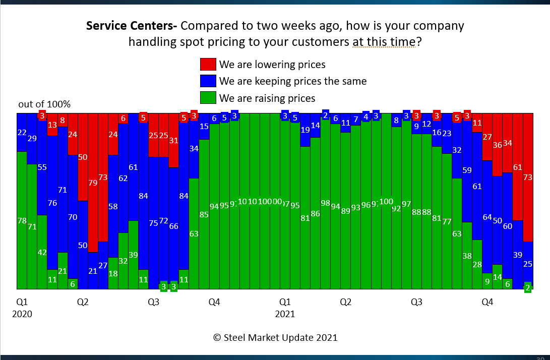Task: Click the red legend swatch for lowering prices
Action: click(x=208, y=65)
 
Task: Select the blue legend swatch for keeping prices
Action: click(x=208, y=81)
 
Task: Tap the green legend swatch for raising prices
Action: click(x=208, y=98)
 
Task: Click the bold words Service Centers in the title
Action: click(x=130, y=26)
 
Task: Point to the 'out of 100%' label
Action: click(x=44, y=104)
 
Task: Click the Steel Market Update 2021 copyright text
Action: click(x=275, y=337)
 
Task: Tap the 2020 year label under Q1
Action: click(x=22, y=314)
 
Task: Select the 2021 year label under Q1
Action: click(x=285, y=314)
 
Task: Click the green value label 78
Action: click(x=22, y=220)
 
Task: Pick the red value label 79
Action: click(x=93, y=183)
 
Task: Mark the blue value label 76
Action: click(x=52, y=203)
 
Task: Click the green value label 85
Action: click(x=204, y=214)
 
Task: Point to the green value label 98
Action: click(x=325, y=203)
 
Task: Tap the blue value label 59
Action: click(x=467, y=170)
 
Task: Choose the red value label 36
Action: click(x=497, y=145)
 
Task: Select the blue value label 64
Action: click(x=487, y=217)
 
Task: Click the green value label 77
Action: click(x=447, y=221)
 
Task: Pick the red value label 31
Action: click(x=174, y=141)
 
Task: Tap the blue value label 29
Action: click(x=32, y=138)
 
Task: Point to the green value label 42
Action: click(x=42, y=252)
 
